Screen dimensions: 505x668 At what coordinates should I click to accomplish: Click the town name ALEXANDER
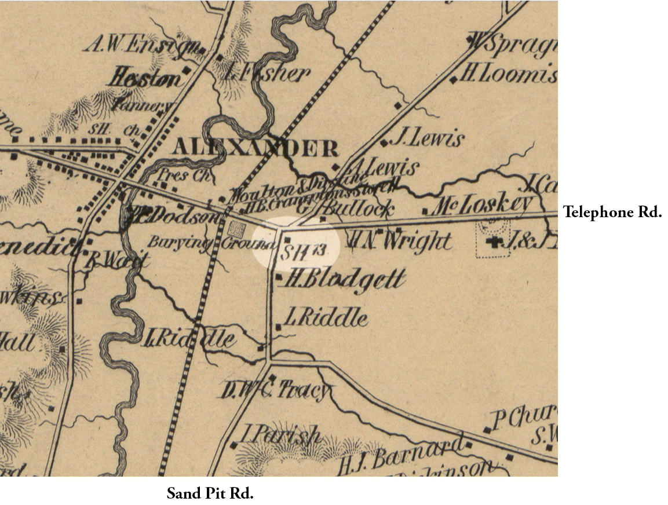[255, 149]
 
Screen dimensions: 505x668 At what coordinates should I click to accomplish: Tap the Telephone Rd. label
[612, 213]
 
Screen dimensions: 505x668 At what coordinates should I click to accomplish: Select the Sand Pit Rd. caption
[210, 493]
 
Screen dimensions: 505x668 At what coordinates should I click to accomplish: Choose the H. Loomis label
[510, 75]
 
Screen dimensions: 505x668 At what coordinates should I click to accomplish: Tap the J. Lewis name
[428, 138]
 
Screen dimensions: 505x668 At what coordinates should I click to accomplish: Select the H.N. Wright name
[400, 240]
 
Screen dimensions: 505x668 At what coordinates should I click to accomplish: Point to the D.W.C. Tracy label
[276, 392]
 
